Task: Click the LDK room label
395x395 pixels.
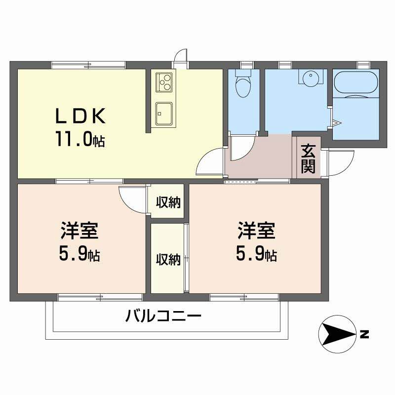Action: (80, 117)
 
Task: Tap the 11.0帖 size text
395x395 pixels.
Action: (80, 140)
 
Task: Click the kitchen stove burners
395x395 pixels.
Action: (164, 82)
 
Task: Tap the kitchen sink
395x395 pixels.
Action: (163, 113)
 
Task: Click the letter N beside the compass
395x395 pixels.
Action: (364, 334)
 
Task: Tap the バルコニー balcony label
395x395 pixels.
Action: (163, 316)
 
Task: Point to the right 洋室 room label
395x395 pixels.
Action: (256, 231)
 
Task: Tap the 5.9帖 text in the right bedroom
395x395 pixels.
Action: (256, 254)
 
